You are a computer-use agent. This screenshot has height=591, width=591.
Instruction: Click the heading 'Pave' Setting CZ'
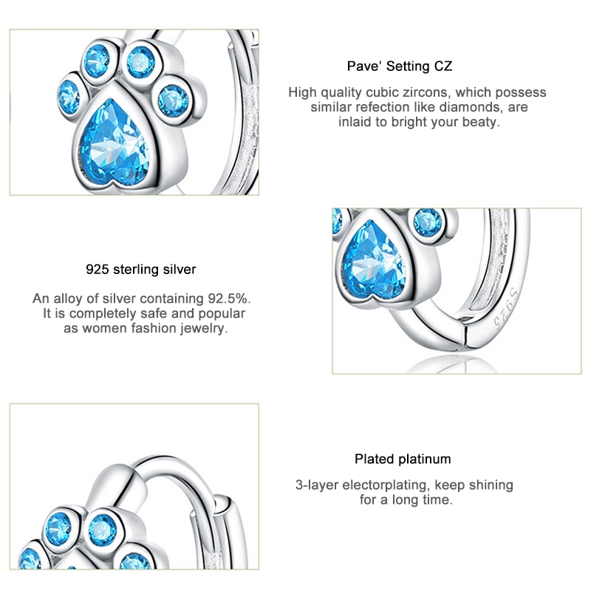tap(400, 66)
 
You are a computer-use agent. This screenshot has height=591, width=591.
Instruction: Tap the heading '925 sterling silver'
tap(141, 270)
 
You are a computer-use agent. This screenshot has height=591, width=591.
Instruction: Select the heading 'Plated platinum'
tap(403, 459)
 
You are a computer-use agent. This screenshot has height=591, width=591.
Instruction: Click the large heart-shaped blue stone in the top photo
tap(115, 143)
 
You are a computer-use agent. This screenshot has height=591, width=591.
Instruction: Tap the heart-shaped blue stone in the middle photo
tap(374, 260)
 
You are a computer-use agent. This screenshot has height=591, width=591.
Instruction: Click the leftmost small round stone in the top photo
tap(69, 98)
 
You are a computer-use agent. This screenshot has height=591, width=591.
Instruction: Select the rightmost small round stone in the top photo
tap(174, 100)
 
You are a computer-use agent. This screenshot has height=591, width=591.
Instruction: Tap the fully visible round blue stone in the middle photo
tap(428, 223)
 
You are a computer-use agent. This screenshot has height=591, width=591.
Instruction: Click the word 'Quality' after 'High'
tap(340, 93)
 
